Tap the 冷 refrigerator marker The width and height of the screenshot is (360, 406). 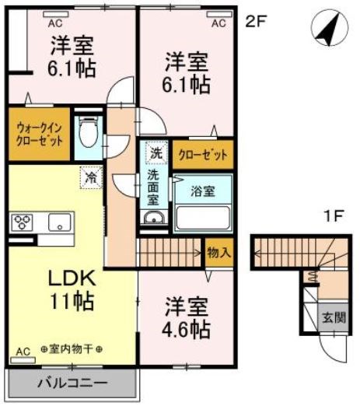pos(90,177)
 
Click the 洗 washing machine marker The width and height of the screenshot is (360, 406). pos(156,153)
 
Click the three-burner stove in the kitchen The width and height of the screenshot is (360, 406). pos(21,222)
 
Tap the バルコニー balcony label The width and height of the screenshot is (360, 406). pos(72,383)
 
